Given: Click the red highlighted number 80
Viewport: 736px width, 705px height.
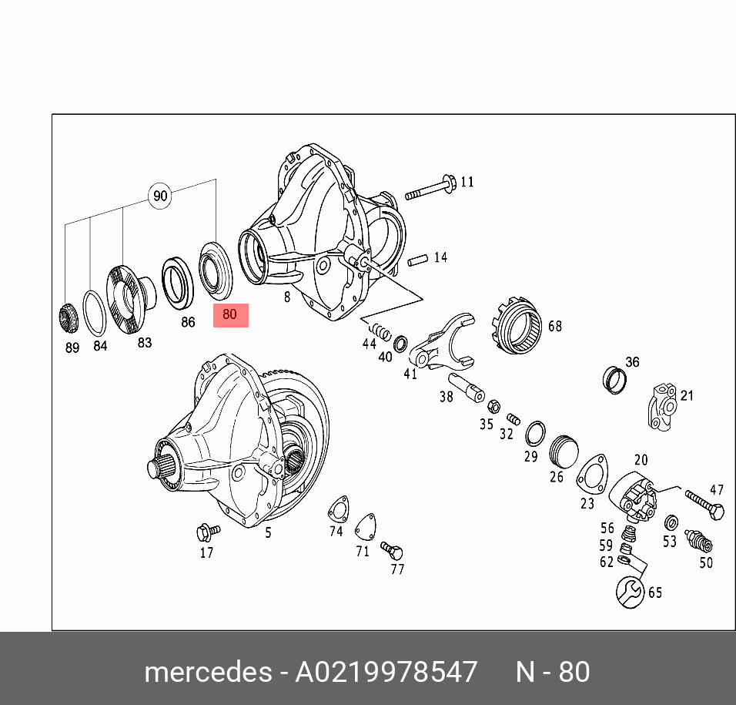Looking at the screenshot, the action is tap(230, 314).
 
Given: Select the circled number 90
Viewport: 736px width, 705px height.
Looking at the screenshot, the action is tap(160, 196).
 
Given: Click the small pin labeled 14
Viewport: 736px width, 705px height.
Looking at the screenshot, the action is tap(418, 260).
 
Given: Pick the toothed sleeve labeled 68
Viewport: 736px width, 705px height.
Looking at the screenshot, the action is tap(518, 325).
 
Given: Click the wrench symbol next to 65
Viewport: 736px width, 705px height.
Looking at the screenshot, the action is tap(631, 593).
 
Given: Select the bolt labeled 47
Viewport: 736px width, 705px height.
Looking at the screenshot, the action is tap(704, 505).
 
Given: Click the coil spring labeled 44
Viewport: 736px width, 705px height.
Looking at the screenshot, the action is tap(380, 331).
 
